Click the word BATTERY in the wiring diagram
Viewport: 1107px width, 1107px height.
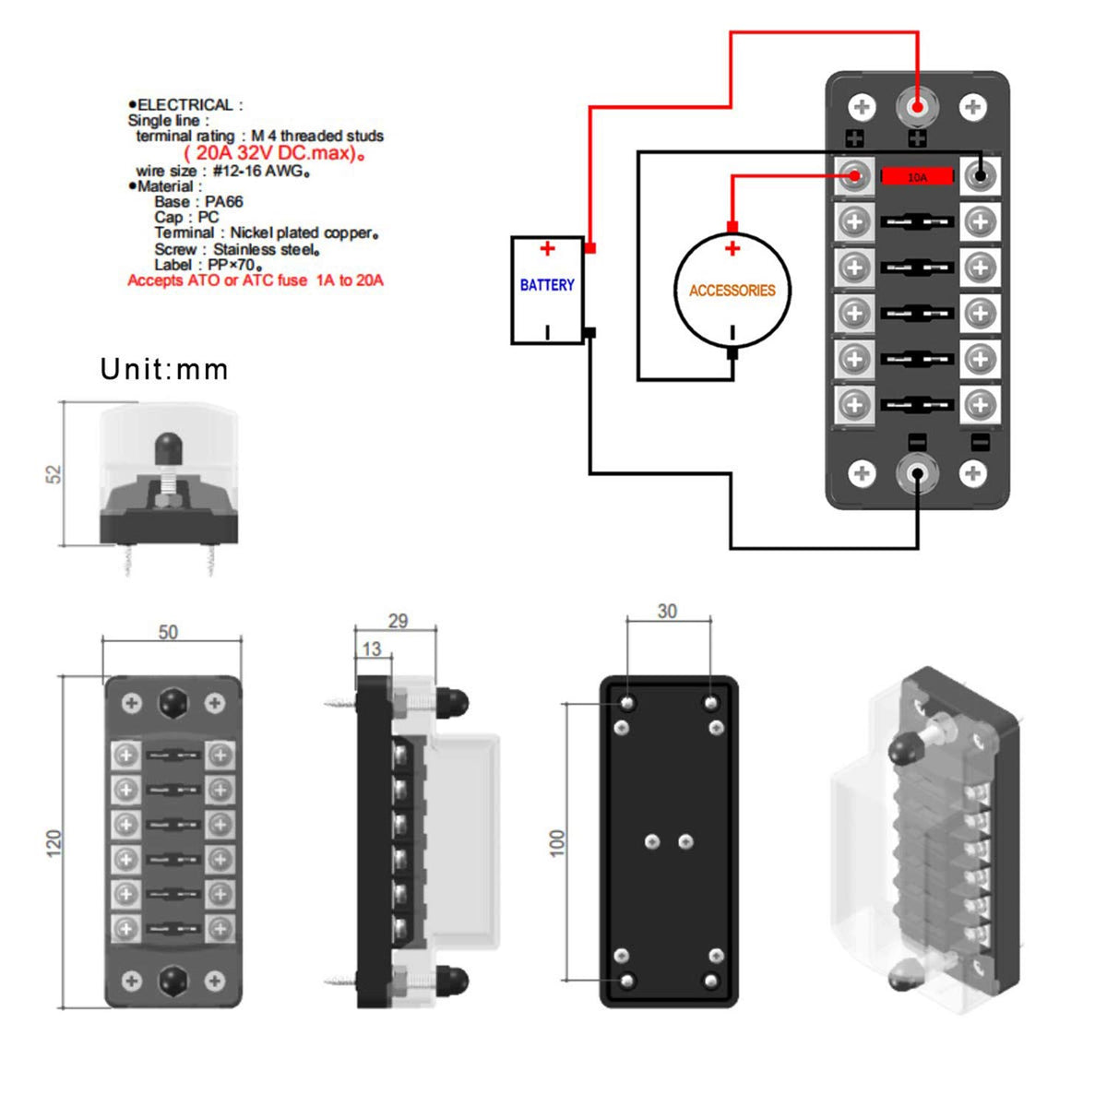point(547,285)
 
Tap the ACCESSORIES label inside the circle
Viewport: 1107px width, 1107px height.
point(732,291)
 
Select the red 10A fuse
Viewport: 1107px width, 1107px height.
point(917,176)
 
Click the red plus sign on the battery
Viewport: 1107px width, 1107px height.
point(548,249)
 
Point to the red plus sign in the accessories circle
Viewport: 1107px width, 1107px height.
point(732,248)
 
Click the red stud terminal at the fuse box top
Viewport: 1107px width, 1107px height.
point(917,107)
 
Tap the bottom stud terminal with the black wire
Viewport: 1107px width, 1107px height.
point(917,474)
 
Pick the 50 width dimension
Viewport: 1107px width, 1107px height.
point(168,633)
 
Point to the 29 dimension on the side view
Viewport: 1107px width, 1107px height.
point(398,621)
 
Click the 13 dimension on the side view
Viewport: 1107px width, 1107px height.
point(372,649)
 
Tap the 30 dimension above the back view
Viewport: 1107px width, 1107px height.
point(667,612)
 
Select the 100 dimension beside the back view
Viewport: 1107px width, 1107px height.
point(557,842)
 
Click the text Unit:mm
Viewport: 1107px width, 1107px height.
point(164,370)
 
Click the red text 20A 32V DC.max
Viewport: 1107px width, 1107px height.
point(275,153)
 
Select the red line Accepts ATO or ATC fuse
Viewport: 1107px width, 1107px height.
point(256,280)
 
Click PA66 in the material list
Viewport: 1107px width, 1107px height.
point(224,202)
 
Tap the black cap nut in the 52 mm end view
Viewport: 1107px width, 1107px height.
point(168,447)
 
